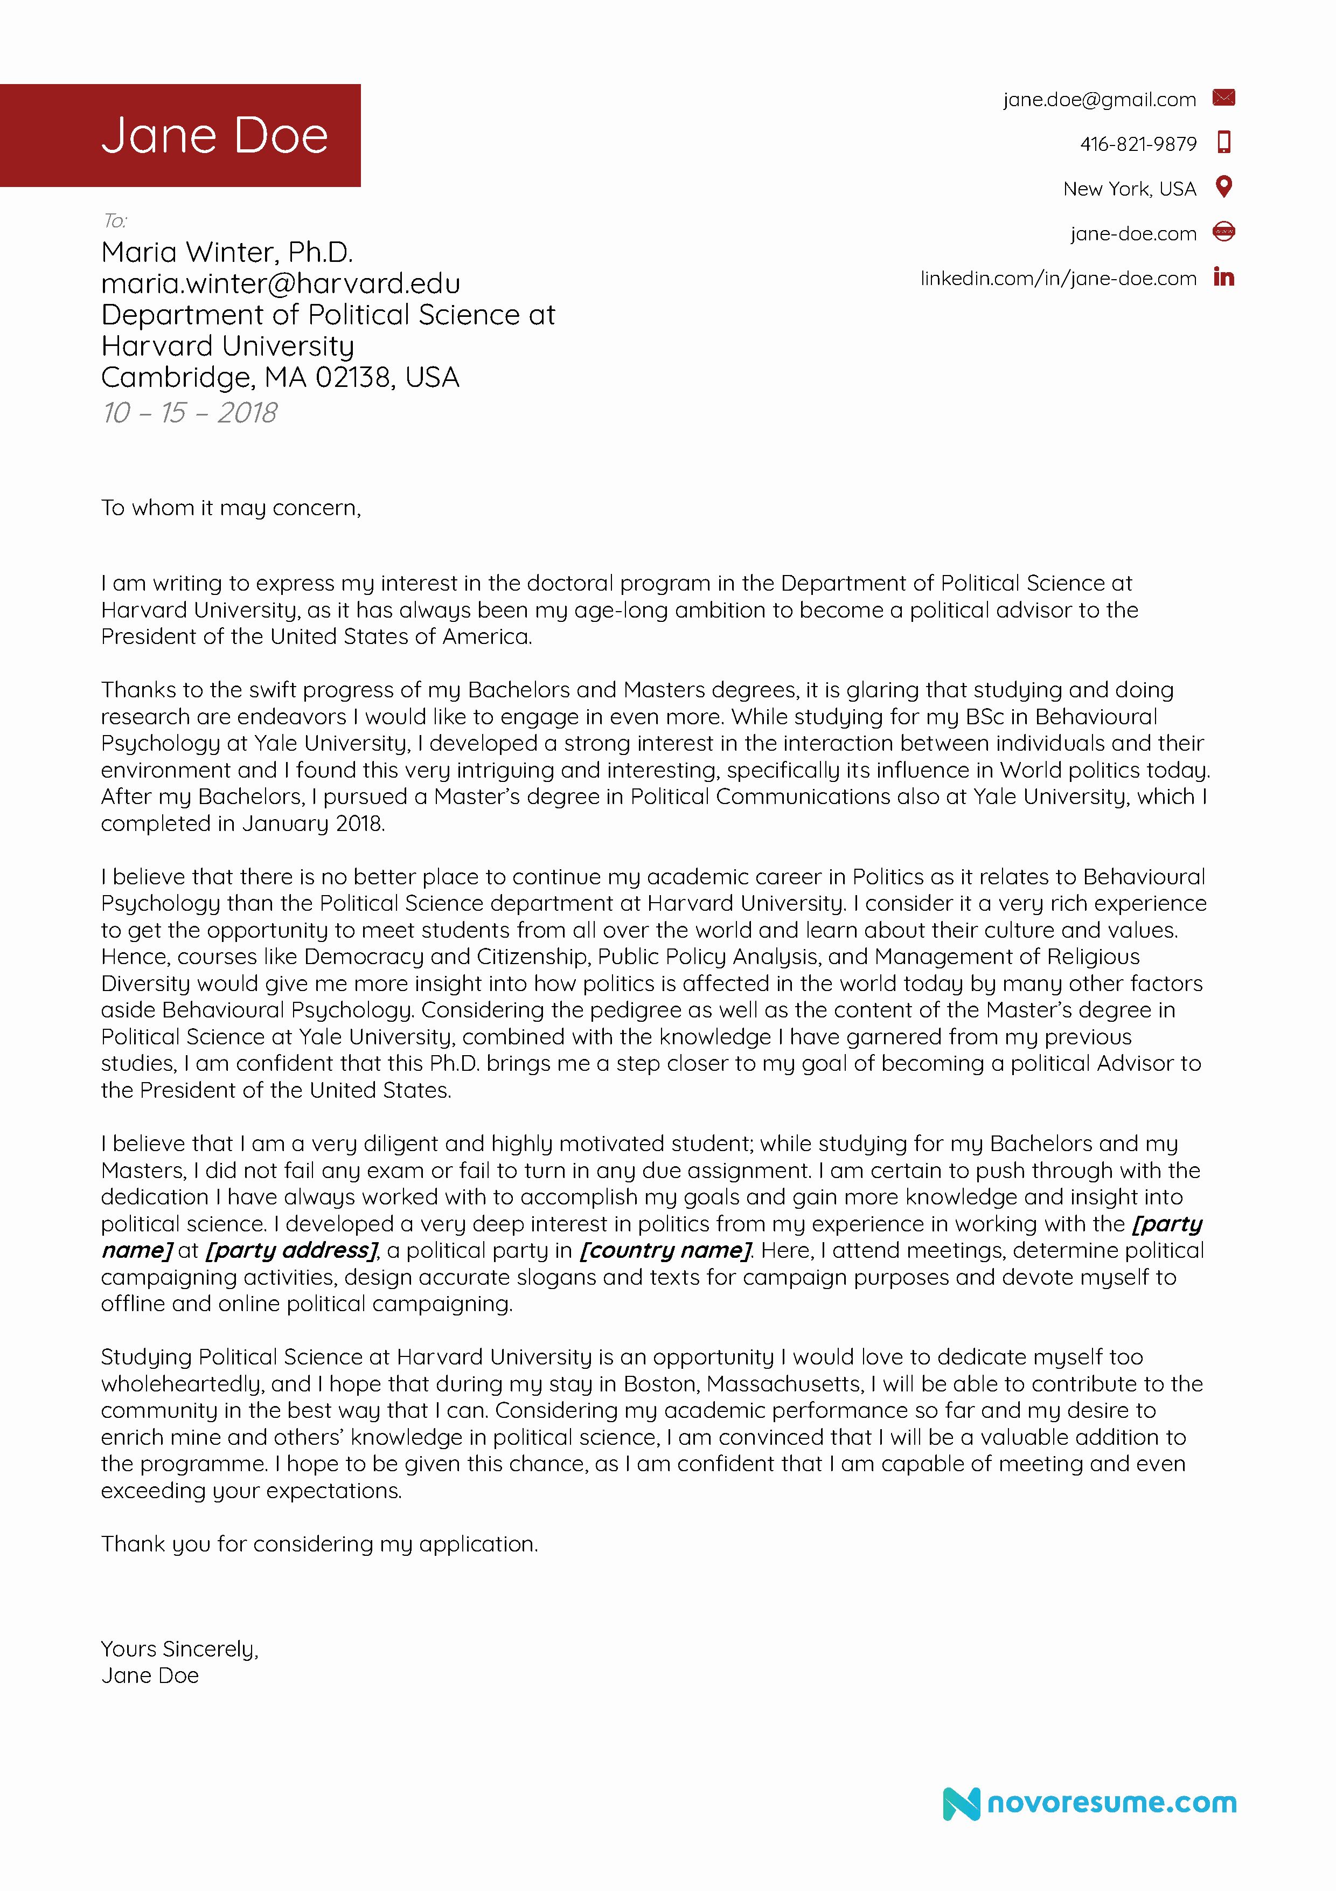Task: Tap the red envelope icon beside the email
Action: (x=1223, y=98)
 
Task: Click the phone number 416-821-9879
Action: (x=1138, y=144)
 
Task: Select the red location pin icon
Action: (x=1223, y=187)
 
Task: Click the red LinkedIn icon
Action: (x=1223, y=278)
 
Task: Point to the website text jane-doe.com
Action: (x=1133, y=234)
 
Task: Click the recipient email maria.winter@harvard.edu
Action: (x=280, y=283)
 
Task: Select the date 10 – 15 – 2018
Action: (x=189, y=413)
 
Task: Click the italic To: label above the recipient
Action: (x=114, y=221)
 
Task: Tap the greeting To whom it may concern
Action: (x=231, y=508)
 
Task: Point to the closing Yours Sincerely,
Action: (x=179, y=1649)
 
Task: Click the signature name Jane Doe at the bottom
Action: (x=150, y=1676)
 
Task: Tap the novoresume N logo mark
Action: (x=961, y=1804)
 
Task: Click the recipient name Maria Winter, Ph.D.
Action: (x=226, y=252)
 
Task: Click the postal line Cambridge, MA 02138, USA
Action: (x=280, y=377)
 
